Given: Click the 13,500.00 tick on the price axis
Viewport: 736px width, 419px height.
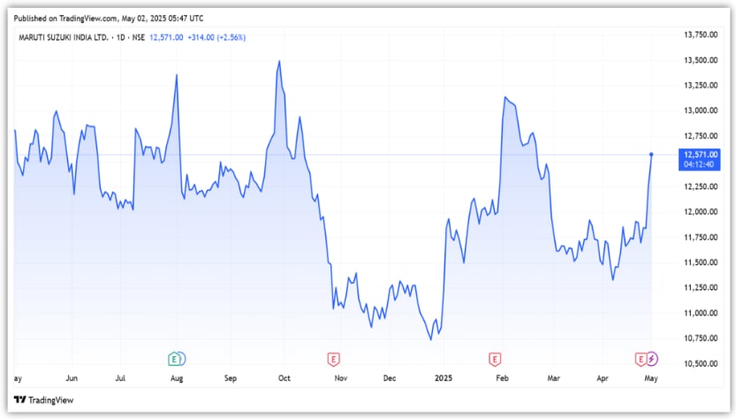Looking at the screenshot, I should pos(701,60).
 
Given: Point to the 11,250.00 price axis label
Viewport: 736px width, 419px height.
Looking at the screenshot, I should pos(701,287).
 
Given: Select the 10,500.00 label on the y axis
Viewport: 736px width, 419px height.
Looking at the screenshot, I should pos(701,363).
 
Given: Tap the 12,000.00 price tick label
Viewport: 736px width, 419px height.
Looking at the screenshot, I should pos(701,212).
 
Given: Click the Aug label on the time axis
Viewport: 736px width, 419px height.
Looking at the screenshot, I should pos(177,378).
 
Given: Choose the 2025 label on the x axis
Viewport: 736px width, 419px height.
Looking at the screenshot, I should pos(443,378).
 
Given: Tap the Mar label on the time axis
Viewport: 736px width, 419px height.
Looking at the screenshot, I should pos(552,378).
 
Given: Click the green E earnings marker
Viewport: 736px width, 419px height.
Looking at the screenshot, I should pos(177,359).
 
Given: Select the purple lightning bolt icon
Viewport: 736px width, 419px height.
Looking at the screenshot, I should pos(652,359).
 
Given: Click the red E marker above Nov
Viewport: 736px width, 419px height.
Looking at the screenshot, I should pos(334,359).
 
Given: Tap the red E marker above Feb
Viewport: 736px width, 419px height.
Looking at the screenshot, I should pos(495,359).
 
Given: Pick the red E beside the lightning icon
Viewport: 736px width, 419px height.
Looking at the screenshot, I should pos(641,359).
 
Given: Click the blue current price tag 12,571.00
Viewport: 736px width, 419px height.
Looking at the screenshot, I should pos(700,154).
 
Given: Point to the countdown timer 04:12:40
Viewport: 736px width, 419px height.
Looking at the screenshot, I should pos(700,163).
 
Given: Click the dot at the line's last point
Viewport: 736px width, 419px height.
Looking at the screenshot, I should pos(652,155).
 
